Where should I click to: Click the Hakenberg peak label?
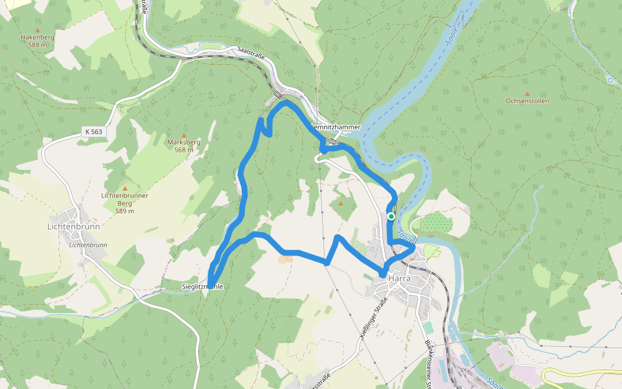37,38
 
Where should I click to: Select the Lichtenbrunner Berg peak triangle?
125,188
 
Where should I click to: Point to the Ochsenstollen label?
527,101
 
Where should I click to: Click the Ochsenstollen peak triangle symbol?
527,93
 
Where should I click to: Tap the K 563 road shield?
93,132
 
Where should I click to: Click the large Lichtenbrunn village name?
73,227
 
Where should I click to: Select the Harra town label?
401,278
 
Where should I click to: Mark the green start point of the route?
391,217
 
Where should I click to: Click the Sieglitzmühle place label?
202,286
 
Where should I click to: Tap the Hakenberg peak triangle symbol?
37,30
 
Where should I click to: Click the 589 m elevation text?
124,211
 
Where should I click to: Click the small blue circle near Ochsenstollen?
610,80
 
